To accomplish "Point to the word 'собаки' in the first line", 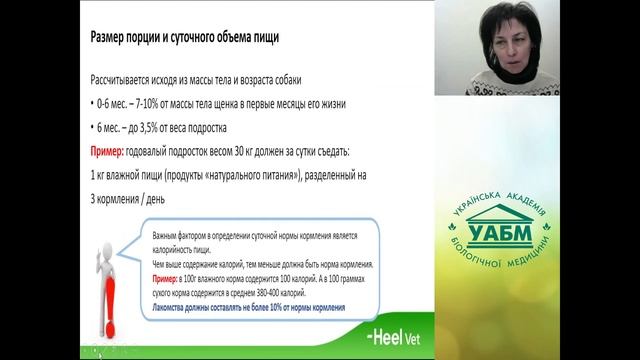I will click(300, 80).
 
